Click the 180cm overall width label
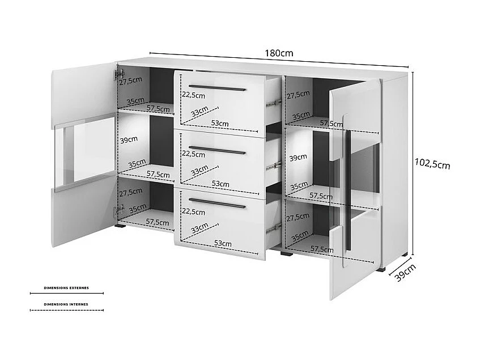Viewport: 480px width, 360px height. [x=279, y=53]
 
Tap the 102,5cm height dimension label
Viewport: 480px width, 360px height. [x=432, y=164]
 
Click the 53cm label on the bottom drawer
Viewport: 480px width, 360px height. [x=223, y=243]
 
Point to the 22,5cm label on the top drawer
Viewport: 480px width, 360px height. [x=193, y=95]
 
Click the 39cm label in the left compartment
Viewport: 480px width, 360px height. [x=129, y=139]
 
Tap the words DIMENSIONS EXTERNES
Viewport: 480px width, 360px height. [x=66, y=288]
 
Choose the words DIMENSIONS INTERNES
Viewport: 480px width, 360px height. [x=66, y=304]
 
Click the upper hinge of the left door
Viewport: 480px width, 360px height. [x=119, y=74]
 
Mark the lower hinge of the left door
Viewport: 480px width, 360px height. [x=118, y=211]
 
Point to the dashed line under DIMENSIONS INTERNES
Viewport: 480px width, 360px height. [x=66, y=310]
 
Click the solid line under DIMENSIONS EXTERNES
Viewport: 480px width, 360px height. [x=66, y=294]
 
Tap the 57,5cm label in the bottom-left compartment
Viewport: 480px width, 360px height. [x=158, y=221]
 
